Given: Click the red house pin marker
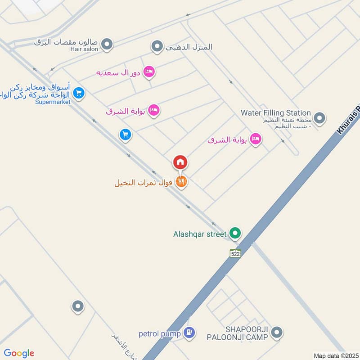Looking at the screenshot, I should click(180, 162).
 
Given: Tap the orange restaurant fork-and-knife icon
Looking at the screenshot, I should click(181, 182).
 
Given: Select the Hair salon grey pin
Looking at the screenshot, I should click(107, 44).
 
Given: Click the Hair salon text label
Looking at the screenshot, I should click(84, 49).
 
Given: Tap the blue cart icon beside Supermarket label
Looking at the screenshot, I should click(79, 93).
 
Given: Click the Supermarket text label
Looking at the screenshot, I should click(53, 102).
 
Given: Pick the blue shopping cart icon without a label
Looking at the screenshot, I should click(125, 134).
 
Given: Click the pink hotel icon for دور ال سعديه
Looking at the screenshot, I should click(149, 72).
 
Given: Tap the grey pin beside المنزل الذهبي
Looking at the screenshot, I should click(157, 46).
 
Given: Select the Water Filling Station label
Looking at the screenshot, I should click(276, 112).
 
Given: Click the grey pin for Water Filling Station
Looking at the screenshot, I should click(319, 118).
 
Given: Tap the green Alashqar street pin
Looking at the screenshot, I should click(234, 233).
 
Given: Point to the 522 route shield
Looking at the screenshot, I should click(235, 253).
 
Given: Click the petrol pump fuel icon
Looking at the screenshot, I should click(189, 333).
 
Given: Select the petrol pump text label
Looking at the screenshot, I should click(160, 334).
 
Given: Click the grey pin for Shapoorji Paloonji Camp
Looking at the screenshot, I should click(277, 333).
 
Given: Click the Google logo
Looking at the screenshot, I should click(19, 353).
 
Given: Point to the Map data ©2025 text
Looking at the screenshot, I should click(335, 355).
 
